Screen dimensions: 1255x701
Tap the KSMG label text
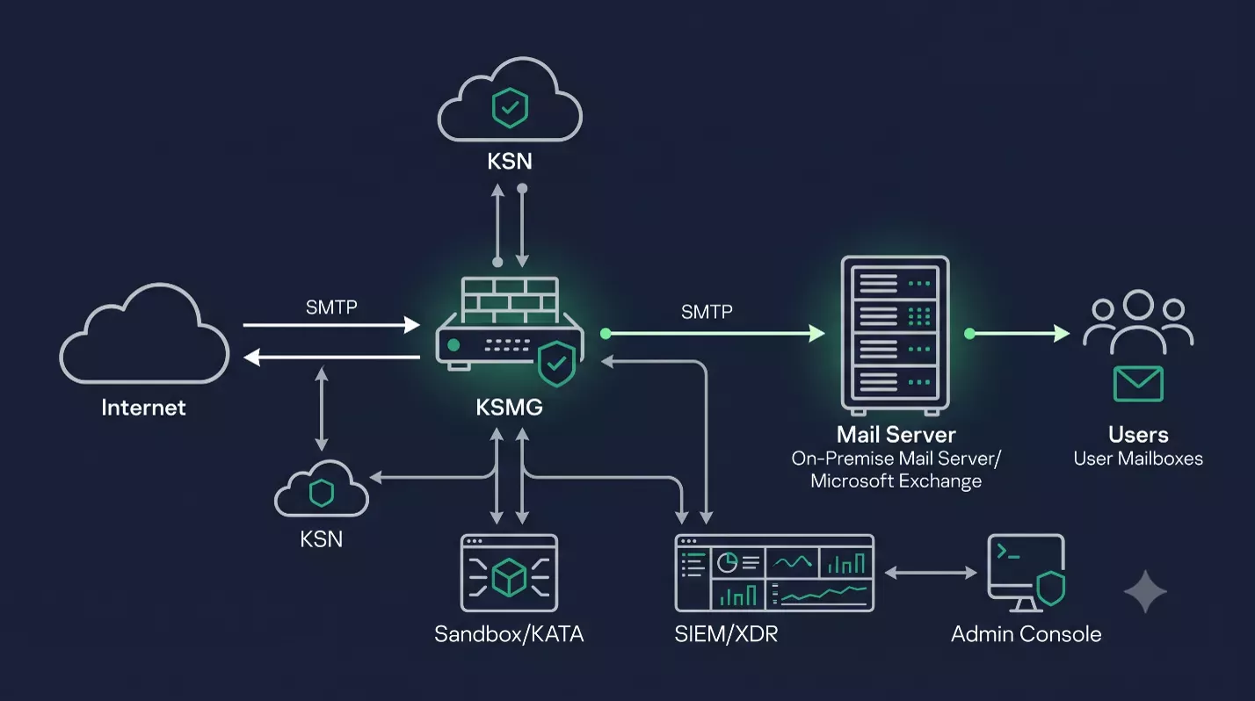[x=509, y=407]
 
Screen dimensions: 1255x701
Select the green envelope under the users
[x=1138, y=384]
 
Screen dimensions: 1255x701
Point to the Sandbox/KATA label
[x=509, y=634]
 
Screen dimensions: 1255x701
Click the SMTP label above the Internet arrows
[x=331, y=307]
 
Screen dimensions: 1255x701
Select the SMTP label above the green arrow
[x=707, y=311]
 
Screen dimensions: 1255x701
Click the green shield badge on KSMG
[x=556, y=364]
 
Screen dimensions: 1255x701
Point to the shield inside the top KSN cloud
[x=510, y=108]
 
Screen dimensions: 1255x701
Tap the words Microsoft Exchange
[x=896, y=481]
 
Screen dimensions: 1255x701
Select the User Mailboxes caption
[x=1138, y=459]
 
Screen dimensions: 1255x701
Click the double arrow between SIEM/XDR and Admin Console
[x=931, y=572]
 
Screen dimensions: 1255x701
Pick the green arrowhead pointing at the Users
[x=1061, y=334]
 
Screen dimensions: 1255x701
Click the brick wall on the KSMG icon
[x=510, y=300]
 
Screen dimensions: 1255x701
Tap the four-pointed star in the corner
[x=1146, y=591]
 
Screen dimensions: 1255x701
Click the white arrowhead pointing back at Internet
[x=252, y=358]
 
